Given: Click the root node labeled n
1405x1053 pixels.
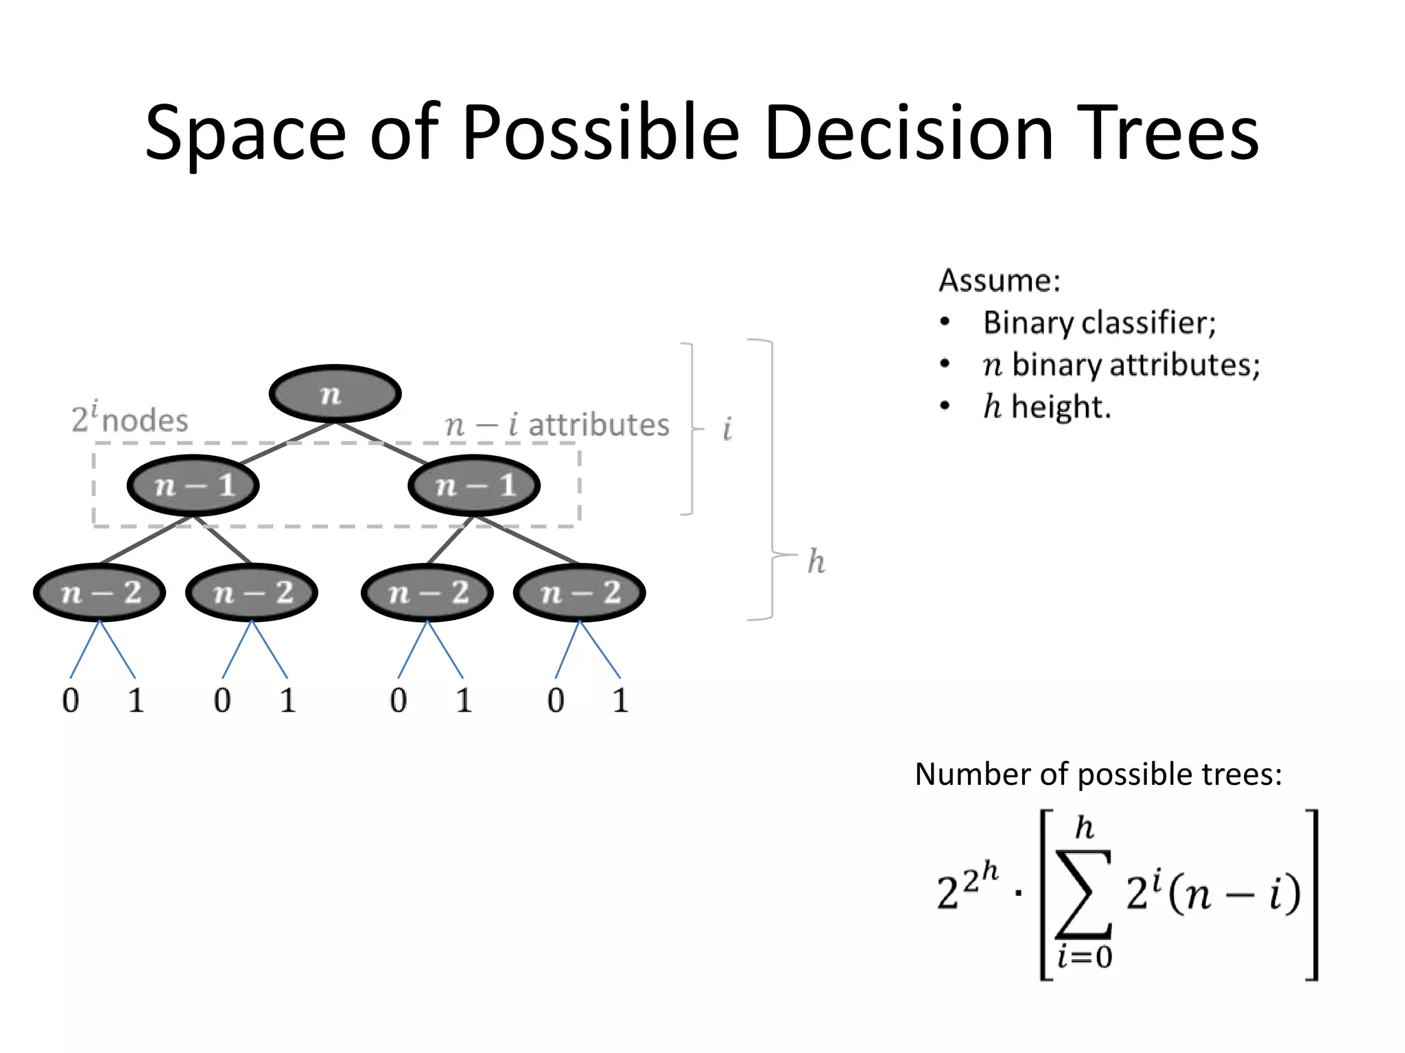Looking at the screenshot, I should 335,394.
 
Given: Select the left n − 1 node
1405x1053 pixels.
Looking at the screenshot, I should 193,485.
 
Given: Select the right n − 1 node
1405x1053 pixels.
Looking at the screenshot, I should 474,485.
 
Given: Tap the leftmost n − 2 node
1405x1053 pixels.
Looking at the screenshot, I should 100,592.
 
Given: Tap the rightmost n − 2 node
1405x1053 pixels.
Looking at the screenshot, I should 580,592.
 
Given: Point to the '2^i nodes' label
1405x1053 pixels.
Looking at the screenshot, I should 130,418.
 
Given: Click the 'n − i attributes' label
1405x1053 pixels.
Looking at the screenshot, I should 557,425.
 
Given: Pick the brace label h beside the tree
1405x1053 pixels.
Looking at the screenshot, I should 816,561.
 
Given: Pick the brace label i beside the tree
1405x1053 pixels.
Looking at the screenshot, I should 727,430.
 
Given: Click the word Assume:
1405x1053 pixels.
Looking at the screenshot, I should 1000,280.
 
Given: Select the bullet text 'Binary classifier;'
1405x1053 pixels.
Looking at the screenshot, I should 1099,322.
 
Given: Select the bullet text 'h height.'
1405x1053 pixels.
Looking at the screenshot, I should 1046,407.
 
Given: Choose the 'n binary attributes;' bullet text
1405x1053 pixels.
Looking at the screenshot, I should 1121,365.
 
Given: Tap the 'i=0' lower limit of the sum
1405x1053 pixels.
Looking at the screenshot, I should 1085,956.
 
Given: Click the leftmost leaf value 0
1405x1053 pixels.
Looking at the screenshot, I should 71,700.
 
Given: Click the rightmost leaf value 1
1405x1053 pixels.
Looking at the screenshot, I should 620,700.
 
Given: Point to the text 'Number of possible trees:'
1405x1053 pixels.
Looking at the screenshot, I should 1098,774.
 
